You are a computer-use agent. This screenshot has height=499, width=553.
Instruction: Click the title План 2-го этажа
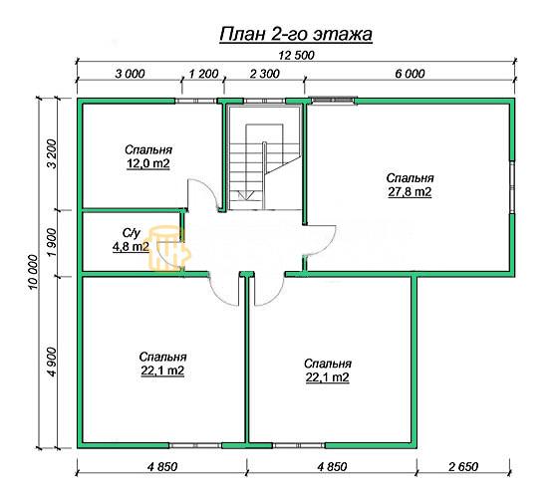pyautogui.click(x=296, y=35)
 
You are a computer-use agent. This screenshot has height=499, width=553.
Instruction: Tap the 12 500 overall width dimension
pyautogui.click(x=296, y=56)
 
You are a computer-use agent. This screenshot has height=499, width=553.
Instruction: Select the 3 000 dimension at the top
pyautogui.click(x=131, y=74)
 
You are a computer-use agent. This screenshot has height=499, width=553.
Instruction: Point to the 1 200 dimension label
pyautogui.click(x=204, y=74)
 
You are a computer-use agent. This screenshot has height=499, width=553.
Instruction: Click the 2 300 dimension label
pyautogui.click(x=264, y=74)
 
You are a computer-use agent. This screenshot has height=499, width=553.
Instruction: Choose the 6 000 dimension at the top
pyautogui.click(x=410, y=74)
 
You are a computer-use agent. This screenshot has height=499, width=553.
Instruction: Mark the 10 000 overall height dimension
pyautogui.click(x=33, y=272)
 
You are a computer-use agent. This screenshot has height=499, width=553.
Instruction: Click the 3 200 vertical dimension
pyautogui.click(x=52, y=154)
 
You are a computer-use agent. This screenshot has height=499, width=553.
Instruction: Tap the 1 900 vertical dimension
pyautogui.click(x=52, y=243)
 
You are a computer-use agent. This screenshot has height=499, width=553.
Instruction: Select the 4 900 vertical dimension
pyautogui.click(x=52, y=362)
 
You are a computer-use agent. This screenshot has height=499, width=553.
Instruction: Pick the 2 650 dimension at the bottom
pyautogui.click(x=463, y=467)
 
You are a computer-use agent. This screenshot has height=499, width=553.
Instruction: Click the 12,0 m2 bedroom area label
pyautogui.click(x=148, y=164)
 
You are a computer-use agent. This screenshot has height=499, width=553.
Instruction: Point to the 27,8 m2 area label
pyautogui.click(x=410, y=192)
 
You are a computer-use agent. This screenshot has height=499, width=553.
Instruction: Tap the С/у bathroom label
pyautogui.click(x=132, y=233)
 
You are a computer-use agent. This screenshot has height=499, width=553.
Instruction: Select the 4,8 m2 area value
pyautogui.click(x=131, y=247)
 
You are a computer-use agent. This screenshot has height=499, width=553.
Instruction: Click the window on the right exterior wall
pyautogui.click(x=511, y=187)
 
